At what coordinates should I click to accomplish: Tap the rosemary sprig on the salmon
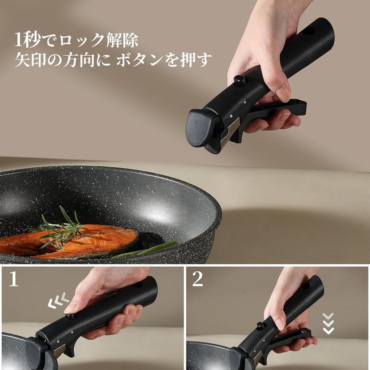pos(61,228)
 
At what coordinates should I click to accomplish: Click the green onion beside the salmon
pos(152,249)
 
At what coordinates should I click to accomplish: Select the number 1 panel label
pos(13,279)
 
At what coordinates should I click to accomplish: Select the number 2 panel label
pos(198,279)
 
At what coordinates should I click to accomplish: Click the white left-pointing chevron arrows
pos(58,301)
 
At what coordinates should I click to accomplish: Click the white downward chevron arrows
pos(328,323)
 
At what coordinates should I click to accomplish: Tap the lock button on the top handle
pos(240,80)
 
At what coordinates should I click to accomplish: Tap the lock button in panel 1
pos(71,316)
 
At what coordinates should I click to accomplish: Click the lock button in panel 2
pos(261,326)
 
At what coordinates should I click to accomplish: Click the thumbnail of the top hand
pos(283,93)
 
